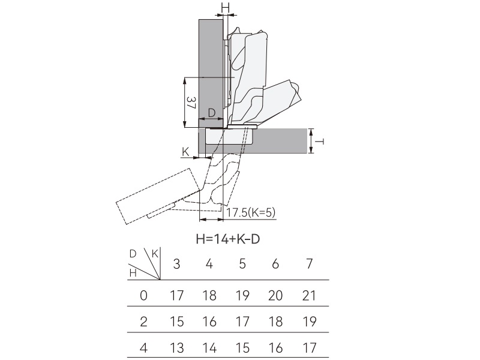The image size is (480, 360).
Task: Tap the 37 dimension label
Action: click(x=190, y=103)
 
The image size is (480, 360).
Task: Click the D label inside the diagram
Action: click(x=211, y=113)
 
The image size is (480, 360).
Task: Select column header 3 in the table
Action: click(x=176, y=265)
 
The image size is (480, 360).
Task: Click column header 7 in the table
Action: click(x=308, y=265)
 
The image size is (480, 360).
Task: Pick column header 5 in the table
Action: click(x=242, y=265)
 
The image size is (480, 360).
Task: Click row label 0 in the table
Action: click(x=143, y=295)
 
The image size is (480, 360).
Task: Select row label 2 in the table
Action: click(x=143, y=321)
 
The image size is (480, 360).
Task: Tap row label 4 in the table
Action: click(x=143, y=347)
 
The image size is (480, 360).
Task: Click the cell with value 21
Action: click(x=308, y=295)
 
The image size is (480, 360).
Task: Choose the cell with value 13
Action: click(x=176, y=347)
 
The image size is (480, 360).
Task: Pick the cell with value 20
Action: click(x=275, y=295)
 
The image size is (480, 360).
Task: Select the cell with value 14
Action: click(x=209, y=347)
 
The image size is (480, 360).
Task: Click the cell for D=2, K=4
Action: click(x=209, y=321)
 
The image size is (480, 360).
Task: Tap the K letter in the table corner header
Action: click(x=155, y=254)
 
